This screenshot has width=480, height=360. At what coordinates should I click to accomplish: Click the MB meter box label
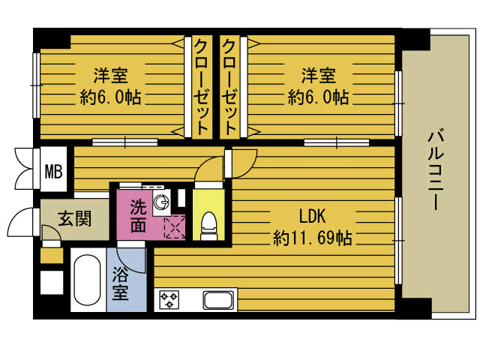coord(53,172)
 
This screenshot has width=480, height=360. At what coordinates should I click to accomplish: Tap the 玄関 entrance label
coord(75,219)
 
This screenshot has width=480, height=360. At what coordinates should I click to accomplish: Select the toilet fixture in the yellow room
coord(208,226)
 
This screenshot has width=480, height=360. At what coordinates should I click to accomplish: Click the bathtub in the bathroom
coord(87,280)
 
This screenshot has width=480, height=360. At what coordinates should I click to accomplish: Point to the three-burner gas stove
coord(169,300)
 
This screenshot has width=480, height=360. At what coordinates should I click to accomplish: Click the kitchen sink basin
coord(218,301)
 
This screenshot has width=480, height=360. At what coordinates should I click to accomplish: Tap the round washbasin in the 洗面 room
coord(161,202)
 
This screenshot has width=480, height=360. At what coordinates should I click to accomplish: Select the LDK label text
coord(312,217)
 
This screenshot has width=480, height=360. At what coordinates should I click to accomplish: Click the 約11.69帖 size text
coord(312,238)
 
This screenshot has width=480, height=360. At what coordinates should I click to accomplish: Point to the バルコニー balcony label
coord(436,170)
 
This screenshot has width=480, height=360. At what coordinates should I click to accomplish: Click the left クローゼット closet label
coord(201,87)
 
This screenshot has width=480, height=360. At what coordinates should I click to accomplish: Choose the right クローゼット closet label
coord(229,87)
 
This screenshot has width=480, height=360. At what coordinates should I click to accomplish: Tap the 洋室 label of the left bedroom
coord(110,75)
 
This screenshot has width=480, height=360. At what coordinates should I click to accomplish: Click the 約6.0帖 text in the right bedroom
coord(318,97)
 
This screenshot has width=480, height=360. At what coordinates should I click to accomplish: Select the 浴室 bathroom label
coord(120,283)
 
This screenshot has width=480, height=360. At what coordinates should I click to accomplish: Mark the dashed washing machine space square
coord(175,226)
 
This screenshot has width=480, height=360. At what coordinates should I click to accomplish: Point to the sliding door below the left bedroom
coord(125,142)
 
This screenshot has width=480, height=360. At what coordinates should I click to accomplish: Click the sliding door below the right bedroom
coord(337,142)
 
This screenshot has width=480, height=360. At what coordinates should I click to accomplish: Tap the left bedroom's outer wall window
coord(37,85)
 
